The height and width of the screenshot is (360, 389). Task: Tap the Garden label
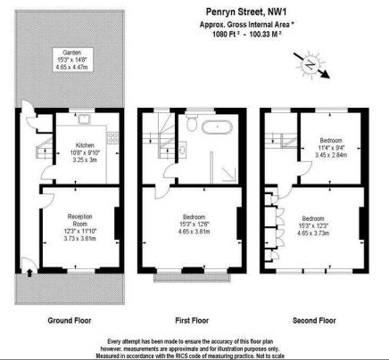point(62,52)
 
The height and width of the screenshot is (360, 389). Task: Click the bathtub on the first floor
point(217,127)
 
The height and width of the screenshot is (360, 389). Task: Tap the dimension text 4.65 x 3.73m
point(314,233)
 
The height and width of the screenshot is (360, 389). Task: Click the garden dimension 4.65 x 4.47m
point(62,68)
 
